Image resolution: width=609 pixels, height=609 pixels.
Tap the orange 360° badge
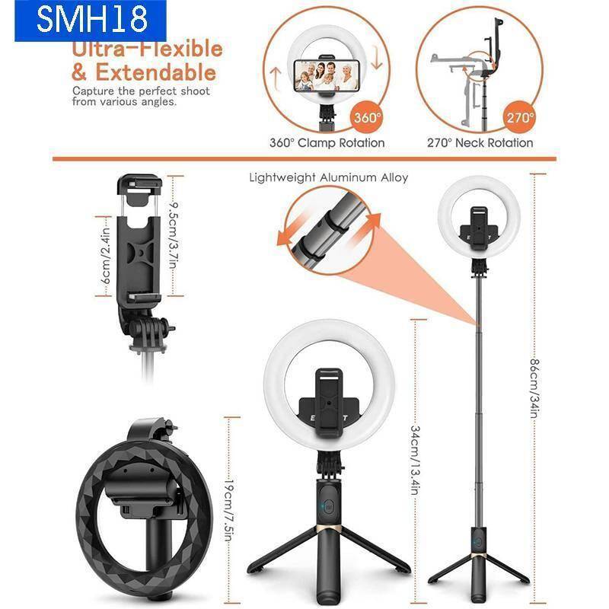(x=367, y=117)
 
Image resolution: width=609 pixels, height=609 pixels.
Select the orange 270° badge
(x=520, y=117)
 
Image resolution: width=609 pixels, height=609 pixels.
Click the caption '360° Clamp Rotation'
(x=327, y=143)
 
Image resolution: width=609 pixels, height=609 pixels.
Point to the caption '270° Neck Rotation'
(x=480, y=143)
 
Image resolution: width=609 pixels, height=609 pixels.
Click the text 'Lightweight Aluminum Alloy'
(x=329, y=178)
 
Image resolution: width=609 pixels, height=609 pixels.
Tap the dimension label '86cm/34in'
(x=535, y=388)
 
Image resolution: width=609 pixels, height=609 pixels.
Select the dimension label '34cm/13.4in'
(x=415, y=461)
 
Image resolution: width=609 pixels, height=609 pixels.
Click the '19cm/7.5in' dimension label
(x=228, y=509)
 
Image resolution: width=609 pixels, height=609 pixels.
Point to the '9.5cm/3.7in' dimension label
(x=174, y=235)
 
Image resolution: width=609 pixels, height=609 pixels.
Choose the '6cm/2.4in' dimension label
(x=105, y=256)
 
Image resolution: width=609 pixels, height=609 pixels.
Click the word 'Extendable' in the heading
(x=155, y=72)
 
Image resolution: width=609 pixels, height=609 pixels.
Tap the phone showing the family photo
(x=327, y=75)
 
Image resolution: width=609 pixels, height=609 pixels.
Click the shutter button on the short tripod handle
(x=330, y=507)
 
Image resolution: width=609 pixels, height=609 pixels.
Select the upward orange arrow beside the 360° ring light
(x=276, y=78)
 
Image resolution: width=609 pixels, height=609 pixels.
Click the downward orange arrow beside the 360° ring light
(x=376, y=59)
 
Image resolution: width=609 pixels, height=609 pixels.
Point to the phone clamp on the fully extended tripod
(x=480, y=229)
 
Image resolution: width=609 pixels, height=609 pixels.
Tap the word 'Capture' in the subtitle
(x=93, y=91)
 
